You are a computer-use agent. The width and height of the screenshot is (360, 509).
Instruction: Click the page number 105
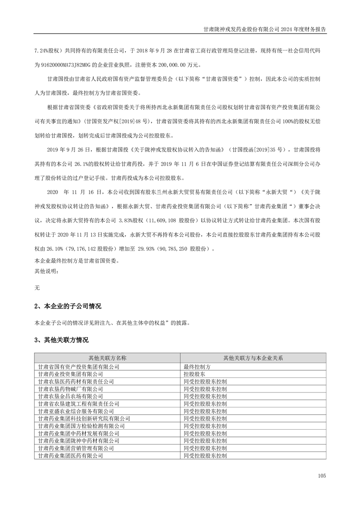(x=322, y=475)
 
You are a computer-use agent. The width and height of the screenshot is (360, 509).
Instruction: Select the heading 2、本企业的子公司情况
(x=68, y=307)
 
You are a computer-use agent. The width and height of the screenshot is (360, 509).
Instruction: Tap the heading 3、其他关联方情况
(x=61, y=340)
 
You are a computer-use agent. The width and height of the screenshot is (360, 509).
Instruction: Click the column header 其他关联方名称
(x=108, y=358)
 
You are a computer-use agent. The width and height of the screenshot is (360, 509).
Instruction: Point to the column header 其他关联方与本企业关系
(x=253, y=358)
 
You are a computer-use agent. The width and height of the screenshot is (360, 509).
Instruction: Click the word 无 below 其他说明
(x=37, y=287)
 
